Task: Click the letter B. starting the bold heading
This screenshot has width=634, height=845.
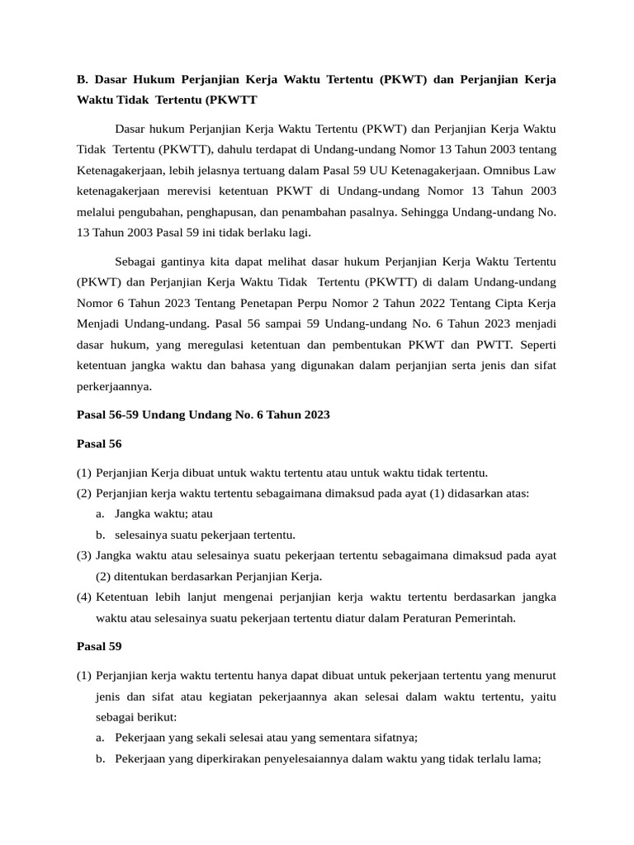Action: [x=83, y=79]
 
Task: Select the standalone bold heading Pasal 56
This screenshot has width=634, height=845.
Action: [x=99, y=443]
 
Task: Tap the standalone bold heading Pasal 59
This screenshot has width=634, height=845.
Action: [x=99, y=646]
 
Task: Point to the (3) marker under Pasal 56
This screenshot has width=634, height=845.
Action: [x=84, y=555]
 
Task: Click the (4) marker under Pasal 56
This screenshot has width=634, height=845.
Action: [x=84, y=597]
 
